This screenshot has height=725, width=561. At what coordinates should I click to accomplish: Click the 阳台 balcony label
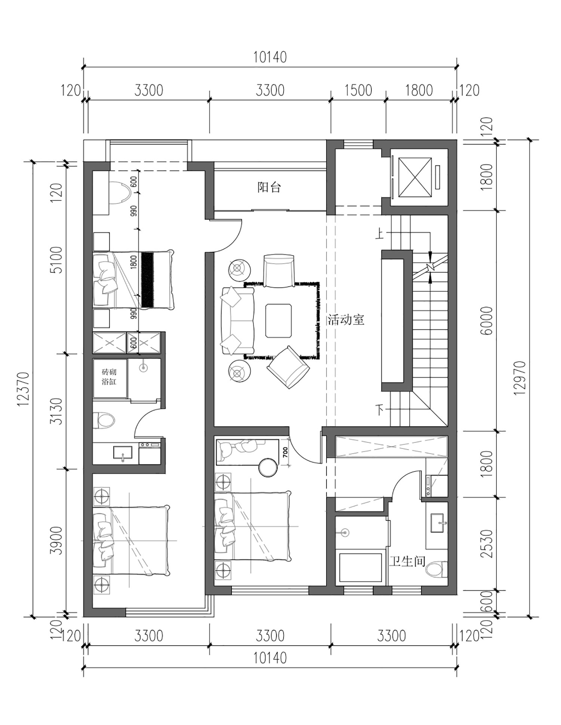(x=269, y=187)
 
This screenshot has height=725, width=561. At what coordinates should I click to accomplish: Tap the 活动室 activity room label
(x=346, y=320)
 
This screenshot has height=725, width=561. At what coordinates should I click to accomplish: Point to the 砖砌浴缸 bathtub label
(x=109, y=377)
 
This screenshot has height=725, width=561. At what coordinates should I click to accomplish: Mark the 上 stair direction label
(x=380, y=234)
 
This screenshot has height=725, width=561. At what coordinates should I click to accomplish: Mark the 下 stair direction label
(x=380, y=410)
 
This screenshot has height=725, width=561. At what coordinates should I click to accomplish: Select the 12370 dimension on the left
(x=23, y=389)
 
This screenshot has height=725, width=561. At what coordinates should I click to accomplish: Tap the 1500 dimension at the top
(x=358, y=91)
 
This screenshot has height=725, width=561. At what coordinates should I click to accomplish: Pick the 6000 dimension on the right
(x=488, y=321)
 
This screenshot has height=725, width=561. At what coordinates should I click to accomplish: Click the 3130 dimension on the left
(x=56, y=411)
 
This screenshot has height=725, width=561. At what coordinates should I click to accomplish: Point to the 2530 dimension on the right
(x=488, y=544)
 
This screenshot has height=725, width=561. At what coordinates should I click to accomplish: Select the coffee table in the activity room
(x=279, y=321)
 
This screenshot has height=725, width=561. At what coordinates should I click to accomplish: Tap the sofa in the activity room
(x=238, y=321)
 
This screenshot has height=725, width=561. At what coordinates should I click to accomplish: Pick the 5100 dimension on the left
(x=56, y=260)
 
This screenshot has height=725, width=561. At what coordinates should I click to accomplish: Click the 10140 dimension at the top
(x=270, y=57)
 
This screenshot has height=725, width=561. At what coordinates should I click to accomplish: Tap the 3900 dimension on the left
(x=56, y=540)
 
